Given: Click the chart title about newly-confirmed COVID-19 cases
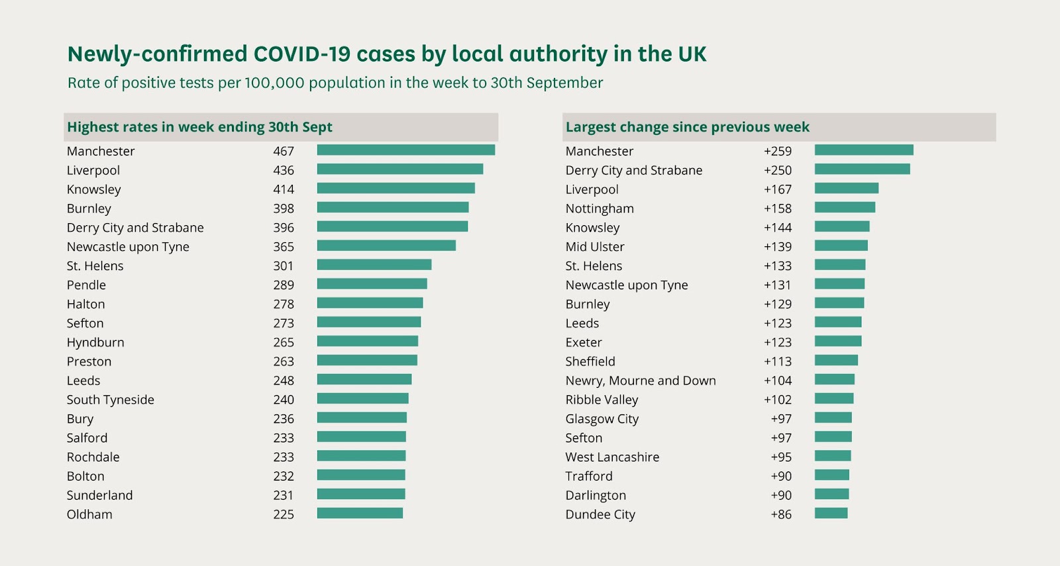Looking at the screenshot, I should pos(387,54).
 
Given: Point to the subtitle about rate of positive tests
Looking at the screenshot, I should pos(335,83).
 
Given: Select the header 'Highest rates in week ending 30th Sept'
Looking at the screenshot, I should pos(199,127).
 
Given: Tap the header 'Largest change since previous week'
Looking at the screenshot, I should pos(687,127).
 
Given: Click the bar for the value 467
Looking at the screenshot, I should pos(405,150).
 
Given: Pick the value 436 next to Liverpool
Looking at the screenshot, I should pos(284,170).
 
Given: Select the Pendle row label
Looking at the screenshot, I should pos(86,285).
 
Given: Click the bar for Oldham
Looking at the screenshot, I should pos(360,514).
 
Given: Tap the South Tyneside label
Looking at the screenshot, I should pos(111,400).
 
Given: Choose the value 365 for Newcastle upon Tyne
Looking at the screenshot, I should pos(284,247).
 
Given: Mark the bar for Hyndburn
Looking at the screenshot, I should pos(367,342).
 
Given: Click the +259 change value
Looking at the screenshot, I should pos(777,151).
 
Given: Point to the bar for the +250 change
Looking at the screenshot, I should pos(862,169).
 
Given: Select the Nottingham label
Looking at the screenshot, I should pos(600,209).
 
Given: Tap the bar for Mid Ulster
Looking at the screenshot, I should pos(841,246).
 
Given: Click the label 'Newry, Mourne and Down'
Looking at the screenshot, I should pos(641,381).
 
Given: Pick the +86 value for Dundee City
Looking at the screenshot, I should pos(781,514).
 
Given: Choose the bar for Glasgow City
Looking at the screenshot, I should pos(833,418).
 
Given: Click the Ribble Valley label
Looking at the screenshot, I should pos(602,400).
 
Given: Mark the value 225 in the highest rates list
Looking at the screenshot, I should pos(284,514).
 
